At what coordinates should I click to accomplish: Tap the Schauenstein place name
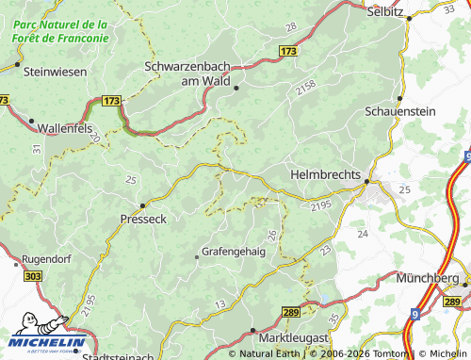[x=399, y=111]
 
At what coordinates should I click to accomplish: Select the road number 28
[x=291, y=27]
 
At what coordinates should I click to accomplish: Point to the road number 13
[x=219, y=303]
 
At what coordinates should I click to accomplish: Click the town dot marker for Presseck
[x=142, y=205]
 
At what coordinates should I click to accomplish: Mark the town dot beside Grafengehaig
[x=196, y=254]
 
